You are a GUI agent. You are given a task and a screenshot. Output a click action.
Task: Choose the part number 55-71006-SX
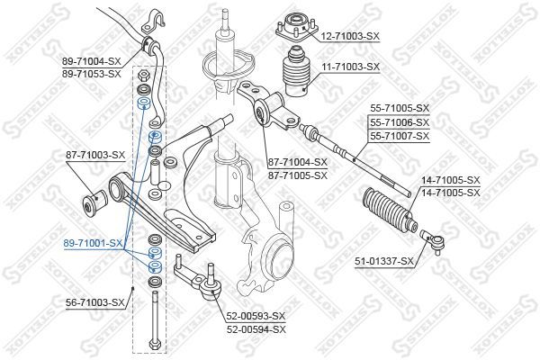(400, 121)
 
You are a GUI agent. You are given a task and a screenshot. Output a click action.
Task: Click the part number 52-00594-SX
(254, 328)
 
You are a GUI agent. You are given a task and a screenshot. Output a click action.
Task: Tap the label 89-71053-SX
(91, 73)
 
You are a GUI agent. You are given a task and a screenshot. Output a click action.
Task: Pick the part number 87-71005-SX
(297, 175)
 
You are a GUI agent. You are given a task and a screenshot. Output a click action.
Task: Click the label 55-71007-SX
(400, 135)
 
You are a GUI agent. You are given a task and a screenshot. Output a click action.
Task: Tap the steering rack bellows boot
(388, 211)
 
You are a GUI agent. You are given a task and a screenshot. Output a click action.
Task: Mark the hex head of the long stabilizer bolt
(157, 343)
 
